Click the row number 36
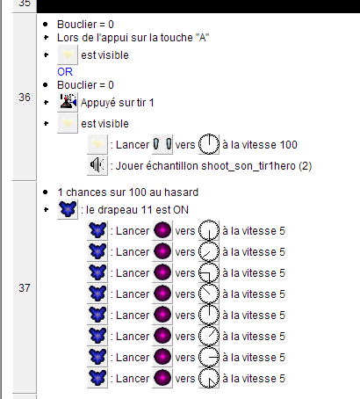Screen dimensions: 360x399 click(x=25, y=98)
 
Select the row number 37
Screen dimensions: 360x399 click(x=25, y=288)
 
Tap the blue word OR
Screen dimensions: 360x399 click(x=65, y=72)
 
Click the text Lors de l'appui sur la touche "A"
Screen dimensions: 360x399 click(x=133, y=38)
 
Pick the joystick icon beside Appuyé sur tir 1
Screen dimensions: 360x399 click(x=68, y=102)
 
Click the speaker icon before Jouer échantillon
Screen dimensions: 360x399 click(x=97, y=165)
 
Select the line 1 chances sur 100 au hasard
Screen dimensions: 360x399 click(x=128, y=192)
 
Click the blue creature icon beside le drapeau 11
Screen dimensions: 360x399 click(x=68, y=209)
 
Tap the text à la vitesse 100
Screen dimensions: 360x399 click(x=260, y=145)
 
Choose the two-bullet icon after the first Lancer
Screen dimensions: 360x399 click(x=162, y=144)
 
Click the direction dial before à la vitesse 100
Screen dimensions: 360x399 click(x=209, y=144)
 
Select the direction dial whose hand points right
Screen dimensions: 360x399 click(x=209, y=357)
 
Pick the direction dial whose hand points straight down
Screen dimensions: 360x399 click(x=209, y=230)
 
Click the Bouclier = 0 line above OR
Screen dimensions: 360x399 click(x=85, y=25)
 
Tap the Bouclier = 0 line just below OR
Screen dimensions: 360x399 click(x=85, y=85)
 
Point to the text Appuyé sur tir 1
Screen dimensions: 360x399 click(x=117, y=103)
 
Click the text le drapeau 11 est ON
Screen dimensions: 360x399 click(x=137, y=210)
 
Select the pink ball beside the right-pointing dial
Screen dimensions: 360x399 click(x=162, y=357)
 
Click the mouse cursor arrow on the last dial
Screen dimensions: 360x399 click(x=212, y=382)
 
